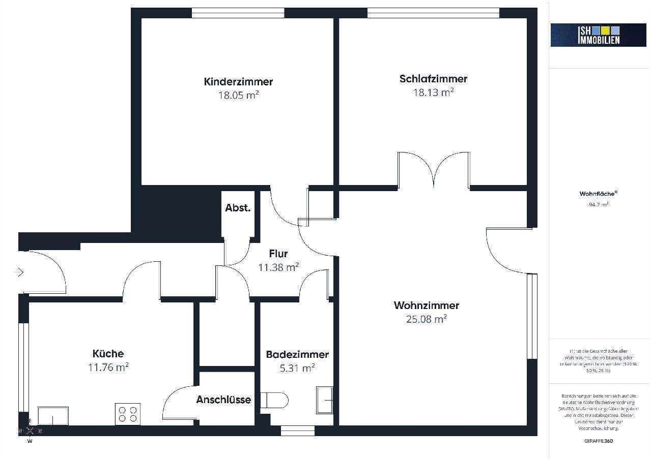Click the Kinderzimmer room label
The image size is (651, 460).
click(238, 81)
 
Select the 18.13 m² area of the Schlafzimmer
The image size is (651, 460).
click(433, 92)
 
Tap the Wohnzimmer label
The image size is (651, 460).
click(426, 305)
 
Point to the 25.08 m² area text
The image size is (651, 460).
click(426, 319)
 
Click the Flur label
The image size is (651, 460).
click(278, 254)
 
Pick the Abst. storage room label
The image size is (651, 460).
click(238, 207)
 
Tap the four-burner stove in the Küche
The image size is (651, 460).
click(128, 414)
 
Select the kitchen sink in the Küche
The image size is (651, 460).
click(53, 415)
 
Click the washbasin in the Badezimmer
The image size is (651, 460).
click(324, 400)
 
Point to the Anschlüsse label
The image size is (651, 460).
click(223, 400)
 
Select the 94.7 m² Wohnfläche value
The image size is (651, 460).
click(595, 205)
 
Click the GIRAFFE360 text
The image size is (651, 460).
click(599, 441)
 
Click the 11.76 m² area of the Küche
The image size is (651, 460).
click(108, 366)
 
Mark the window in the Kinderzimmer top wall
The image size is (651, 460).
click(238, 13)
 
